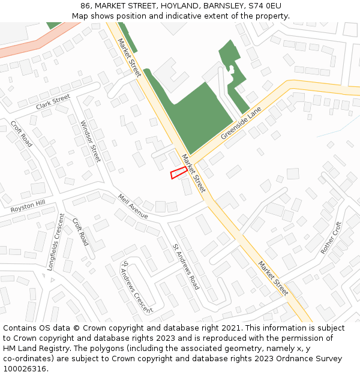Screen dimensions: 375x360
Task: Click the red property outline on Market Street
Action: click(x=178, y=172)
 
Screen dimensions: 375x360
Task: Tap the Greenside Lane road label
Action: click(x=242, y=123)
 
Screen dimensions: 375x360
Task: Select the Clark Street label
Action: click(x=53, y=101)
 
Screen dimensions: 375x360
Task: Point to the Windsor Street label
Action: click(x=91, y=142)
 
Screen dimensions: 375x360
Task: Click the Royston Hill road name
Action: click(x=28, y=206)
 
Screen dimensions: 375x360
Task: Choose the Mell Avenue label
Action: click(x=133, y=206)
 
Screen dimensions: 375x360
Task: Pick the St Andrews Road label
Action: click(x=186, y=266)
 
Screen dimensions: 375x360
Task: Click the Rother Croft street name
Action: click(x=331, y=238)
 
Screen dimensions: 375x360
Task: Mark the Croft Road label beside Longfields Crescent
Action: click(x=80, y=232)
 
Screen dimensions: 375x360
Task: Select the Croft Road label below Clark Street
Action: click(x=22, y=134)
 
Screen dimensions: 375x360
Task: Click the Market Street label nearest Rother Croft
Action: click(x=273, y=278)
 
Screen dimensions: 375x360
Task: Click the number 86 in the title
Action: click(x=85, y=6)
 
